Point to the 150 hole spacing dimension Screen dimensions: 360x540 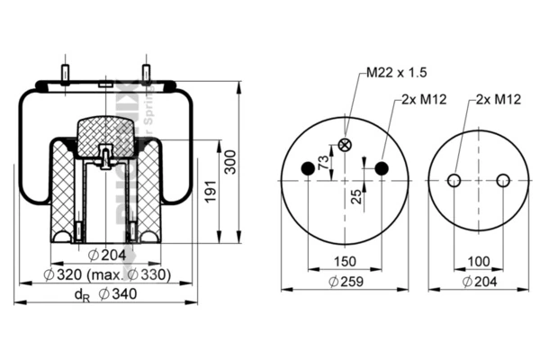tap(344, 261)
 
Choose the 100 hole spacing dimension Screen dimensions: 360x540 tap(478, 261)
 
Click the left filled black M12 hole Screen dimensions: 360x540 tap(308, 168)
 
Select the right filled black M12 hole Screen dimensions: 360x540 tap(382, 168)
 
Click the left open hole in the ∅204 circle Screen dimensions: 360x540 tap(454, 180)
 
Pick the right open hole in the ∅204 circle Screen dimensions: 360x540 tap(503, 180)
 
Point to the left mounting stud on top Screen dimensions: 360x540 tap(66, 71)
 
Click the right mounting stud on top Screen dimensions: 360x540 tap(145, 71)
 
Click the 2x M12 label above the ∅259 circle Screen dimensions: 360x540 tap(419, 99)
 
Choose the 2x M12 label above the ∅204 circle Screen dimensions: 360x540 tap(498, 99)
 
